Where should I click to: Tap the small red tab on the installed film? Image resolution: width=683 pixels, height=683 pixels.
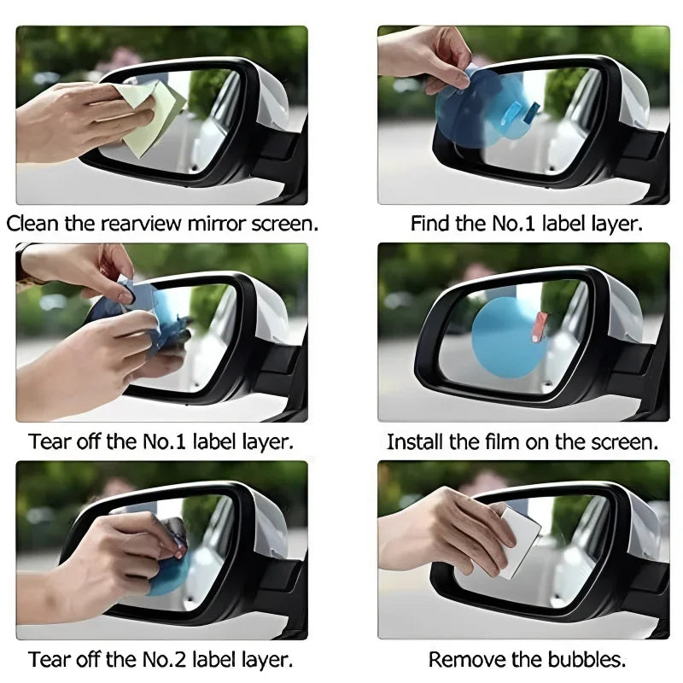(539, 323)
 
